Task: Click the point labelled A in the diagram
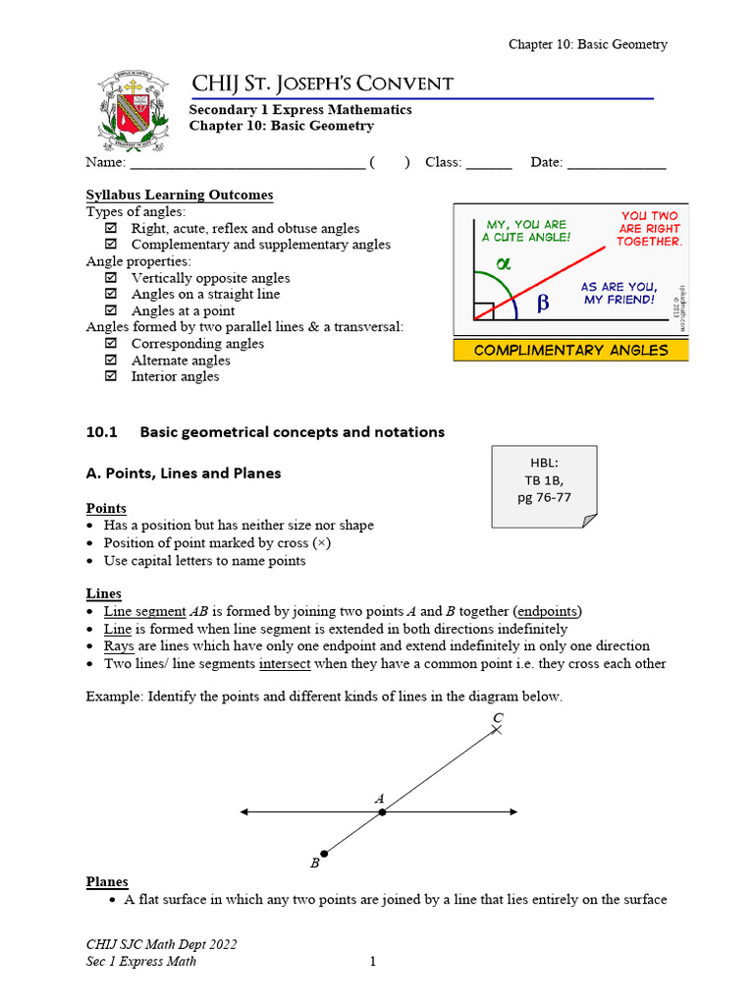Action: (x=383, y=811)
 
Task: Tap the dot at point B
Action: (x=324, y=854)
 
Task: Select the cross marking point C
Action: (x=498, y=730)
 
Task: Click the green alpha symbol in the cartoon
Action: (x=505, y=263)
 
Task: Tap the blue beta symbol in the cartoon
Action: (x=543, y=305)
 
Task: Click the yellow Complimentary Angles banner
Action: (x=570, y=351)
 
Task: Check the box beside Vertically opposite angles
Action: (x=111, y=278)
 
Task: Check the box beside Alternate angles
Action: (x=111, y=361)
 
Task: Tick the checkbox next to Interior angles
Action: (x=111, y=377)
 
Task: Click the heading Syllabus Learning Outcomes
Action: (x=180, y=196)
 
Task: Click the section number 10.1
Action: (x=101, y=431)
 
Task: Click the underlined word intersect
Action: (x=285, y=663)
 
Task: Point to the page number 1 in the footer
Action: (x=373, y=961)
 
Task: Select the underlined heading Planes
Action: (x=107, y=881)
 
